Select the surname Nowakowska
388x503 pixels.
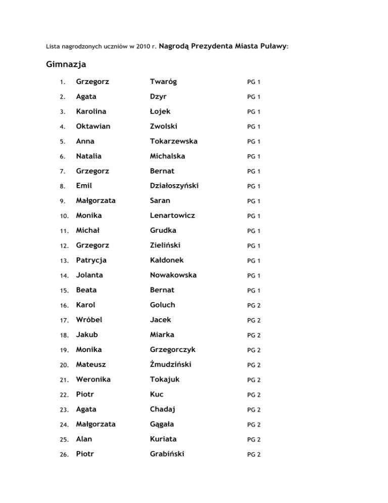(173, 275)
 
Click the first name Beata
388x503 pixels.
(86, 290)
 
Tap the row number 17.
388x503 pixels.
(63, 321)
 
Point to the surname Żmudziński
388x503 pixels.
(171, 350)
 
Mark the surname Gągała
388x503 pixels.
(163, 410)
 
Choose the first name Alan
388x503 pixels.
(84, 425)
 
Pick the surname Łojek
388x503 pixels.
(161, 111)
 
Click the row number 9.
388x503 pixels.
(62, 201)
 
